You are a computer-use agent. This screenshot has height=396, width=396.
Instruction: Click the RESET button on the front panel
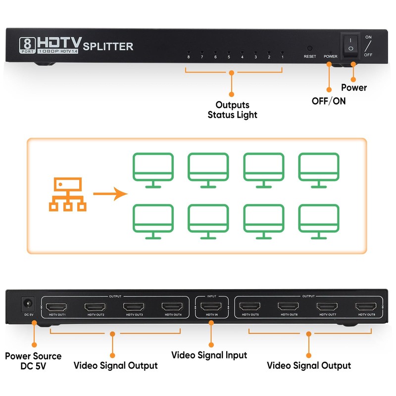pyautogui.click(x=310, y=49)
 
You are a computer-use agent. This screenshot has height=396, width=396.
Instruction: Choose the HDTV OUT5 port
pyautogui.click(x=249, y=306)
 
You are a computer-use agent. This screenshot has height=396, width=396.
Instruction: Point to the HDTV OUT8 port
pyautogui.click(x=365, y=306)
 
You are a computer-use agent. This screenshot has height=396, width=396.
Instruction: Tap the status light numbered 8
pyautogui.click(x=189, y=51)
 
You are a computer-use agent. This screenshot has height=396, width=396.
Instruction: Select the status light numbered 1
pyautogui.click(x=282, y=51)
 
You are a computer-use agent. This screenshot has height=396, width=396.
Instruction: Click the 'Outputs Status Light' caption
pyautogui.click(x=232, y=110)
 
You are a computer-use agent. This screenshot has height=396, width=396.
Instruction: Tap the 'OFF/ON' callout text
pyautogui.click(x=329, y=101)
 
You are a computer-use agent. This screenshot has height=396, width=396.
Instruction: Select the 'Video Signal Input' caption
pyautogui.click(x=209, y=355)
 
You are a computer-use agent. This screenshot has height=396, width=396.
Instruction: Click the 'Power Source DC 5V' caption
pyautogui.click(x=33, y=361)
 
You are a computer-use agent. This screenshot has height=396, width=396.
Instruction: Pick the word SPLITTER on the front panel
pyautogui.click(x=108, y=47)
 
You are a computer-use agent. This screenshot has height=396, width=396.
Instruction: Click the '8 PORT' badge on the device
pyautogui.click(x=26, y=45)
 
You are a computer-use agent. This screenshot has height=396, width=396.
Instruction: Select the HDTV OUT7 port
pyautogui.click(x=327, y=306)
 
